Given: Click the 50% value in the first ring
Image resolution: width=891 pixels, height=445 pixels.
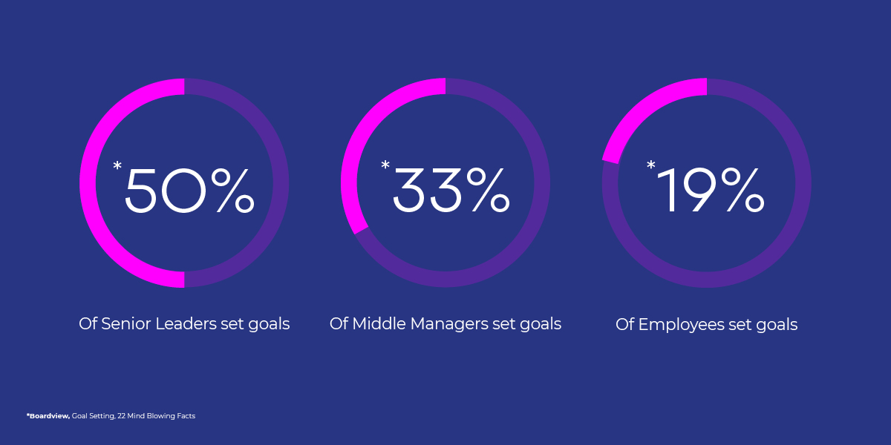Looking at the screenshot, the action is [x=190, y=191].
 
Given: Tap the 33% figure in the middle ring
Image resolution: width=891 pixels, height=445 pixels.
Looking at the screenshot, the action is [x=451, y=190].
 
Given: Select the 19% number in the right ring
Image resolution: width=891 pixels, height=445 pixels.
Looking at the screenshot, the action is [x=711, y=190].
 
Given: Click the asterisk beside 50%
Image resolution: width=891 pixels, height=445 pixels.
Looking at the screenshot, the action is [x=117, y=165].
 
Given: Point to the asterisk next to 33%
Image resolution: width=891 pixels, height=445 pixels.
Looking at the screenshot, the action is [x=385, y=165].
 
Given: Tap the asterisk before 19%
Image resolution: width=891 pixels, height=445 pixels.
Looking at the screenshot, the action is [x=650, y=165].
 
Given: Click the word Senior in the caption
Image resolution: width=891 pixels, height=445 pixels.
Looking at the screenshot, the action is [x=125, y=324].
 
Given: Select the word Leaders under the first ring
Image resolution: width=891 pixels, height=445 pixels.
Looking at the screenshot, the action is [x=186, y=324].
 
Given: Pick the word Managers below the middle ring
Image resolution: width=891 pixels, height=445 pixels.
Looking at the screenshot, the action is [x=449, y=325].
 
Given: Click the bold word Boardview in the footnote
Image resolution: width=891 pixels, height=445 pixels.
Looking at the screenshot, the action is [x=48, y=416].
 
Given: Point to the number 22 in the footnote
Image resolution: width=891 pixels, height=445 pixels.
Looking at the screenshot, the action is [x=121, y=416].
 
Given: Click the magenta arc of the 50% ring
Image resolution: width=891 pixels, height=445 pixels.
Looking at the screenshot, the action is [x=88, y=182].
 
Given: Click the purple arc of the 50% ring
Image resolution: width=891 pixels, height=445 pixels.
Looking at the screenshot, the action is [x=281, y=182].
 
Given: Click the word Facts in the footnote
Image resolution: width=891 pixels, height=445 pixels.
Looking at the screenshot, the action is [x=186, y=416].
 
